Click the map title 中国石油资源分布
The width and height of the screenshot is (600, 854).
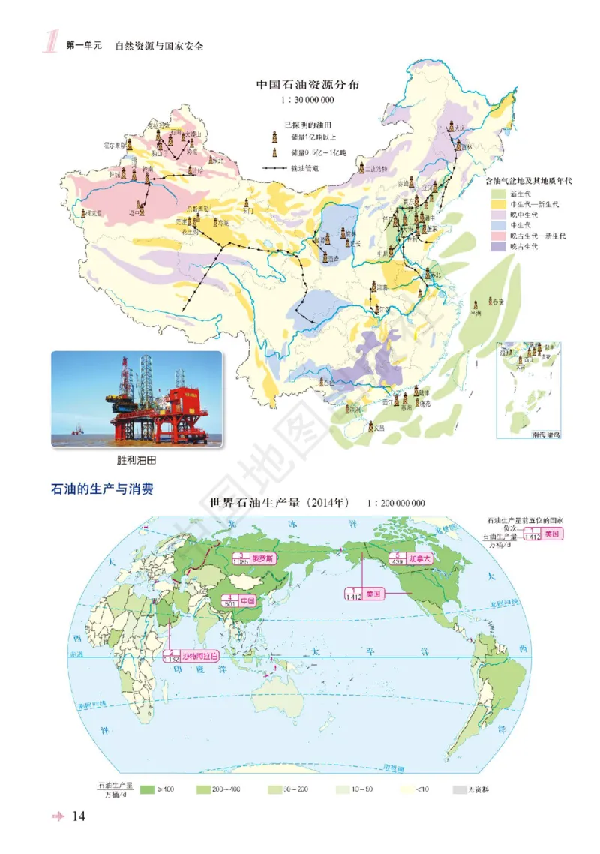[x=307, y=85]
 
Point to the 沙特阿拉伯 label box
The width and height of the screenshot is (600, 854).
[x=193, y=655]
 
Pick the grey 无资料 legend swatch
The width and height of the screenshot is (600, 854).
[x=459, y=789]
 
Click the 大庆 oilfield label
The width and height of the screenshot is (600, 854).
[x=460, y=128]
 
